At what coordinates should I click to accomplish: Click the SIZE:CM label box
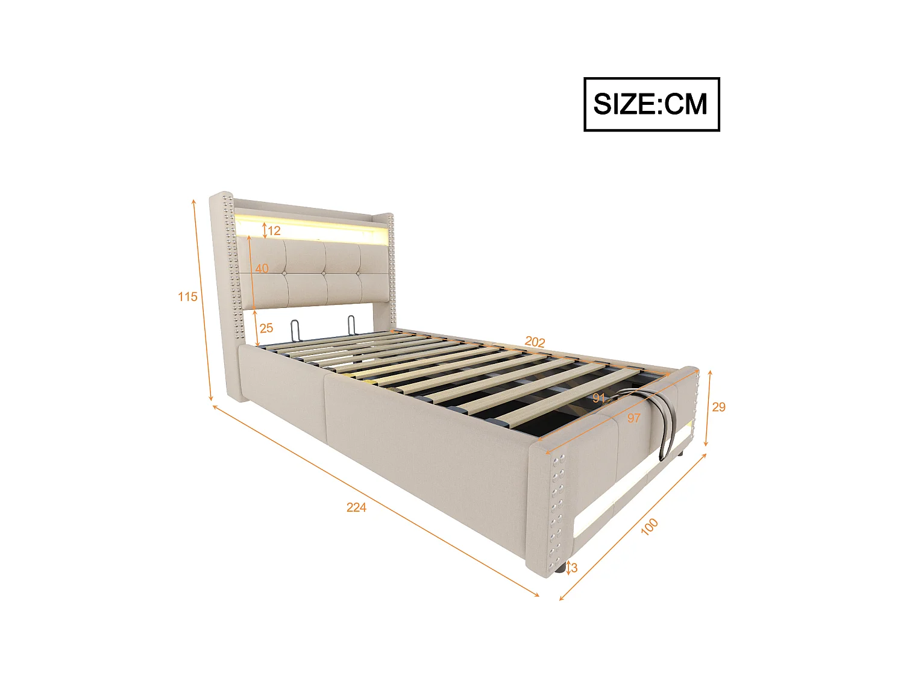651,104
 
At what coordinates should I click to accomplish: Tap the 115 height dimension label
187,297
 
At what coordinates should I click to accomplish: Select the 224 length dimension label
356,507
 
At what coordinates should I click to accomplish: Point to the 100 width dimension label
649,526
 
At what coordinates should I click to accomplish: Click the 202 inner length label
535,342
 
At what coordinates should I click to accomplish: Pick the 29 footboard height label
718,407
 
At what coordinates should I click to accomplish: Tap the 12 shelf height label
274,231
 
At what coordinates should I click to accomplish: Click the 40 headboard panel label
262,268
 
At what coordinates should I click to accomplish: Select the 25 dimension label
266,328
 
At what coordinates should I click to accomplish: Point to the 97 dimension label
633,418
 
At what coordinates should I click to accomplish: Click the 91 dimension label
598,398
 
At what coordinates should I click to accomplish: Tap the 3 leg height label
574,568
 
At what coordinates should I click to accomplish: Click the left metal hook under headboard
295,329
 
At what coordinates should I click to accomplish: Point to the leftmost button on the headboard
286,272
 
